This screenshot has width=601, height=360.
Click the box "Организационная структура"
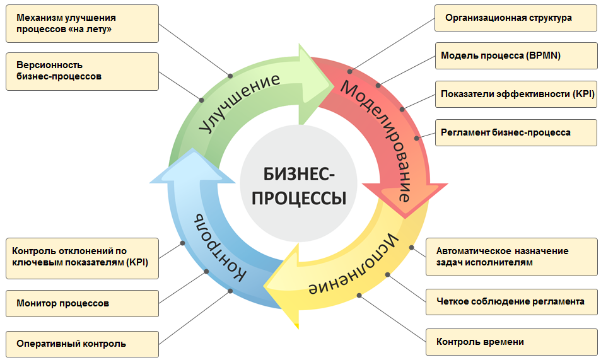[x=515, y=18]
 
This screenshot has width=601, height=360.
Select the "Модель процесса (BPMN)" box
[x=516, y=56]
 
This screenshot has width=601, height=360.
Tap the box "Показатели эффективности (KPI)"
[x=516, y=95]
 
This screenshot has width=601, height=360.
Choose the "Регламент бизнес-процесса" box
[x=516, y=132]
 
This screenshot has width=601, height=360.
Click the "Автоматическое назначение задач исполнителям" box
[x=511, y=257]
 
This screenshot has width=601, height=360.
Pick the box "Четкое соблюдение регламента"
[x=511, y=302]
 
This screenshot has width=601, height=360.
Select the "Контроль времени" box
[x=511, y=342]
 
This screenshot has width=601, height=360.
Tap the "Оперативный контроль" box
[x=83, y=344]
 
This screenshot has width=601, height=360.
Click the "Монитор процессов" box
[x=83, y=304]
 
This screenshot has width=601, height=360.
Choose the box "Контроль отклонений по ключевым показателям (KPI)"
[x=83, y=258]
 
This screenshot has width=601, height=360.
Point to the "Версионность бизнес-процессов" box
[x=83, y=72]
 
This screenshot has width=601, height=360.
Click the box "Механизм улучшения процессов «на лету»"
[x=83, y=24]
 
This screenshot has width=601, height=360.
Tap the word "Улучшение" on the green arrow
[x=240, y=102]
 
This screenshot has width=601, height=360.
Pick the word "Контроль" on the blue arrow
[x=219, y=248]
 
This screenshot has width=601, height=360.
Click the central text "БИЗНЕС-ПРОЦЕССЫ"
[x=298, y=187]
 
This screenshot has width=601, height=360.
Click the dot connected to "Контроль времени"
[x=359, y=295]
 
